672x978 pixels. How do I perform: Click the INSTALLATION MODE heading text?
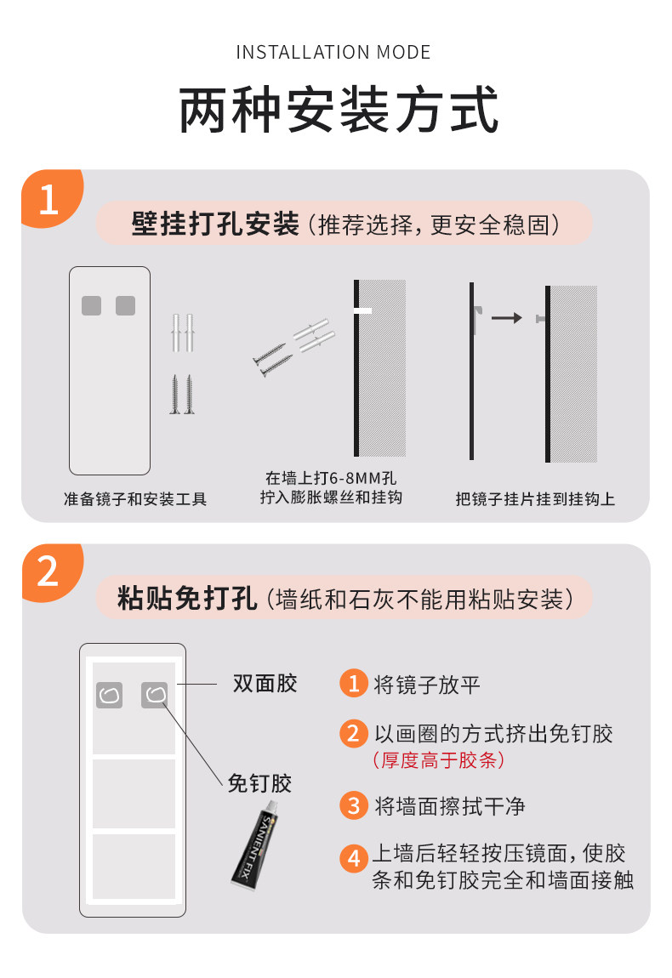coord(333,53)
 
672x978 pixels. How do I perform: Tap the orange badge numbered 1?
coord(51,197)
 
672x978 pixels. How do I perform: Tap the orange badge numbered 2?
coord(51,571)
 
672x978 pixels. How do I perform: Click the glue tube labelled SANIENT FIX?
coord(254,845)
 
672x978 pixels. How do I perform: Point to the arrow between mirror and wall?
coord(507,318)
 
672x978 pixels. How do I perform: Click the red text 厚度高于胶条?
coord(438,760)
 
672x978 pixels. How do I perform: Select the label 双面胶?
coord(265,684)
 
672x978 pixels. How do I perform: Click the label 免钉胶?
coord(259,782)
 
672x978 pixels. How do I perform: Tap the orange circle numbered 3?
coord(354,805)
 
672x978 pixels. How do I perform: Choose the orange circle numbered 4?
coord(354,858)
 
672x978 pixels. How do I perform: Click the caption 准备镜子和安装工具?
coord(134,499)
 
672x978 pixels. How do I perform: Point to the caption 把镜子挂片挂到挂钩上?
coord(535,499)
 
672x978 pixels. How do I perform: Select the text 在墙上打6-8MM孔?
coord(331,479)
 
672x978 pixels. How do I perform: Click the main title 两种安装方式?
coord(339,111)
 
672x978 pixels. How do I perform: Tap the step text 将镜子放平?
coord(427,685)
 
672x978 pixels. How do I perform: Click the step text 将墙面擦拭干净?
coord(449,806)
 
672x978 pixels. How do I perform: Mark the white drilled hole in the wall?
coord(362,310)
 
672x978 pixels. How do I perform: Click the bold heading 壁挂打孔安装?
coord(215,224)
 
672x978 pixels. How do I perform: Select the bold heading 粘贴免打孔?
coord(187,598)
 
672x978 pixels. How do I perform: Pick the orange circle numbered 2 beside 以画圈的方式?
coord(354,733)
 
